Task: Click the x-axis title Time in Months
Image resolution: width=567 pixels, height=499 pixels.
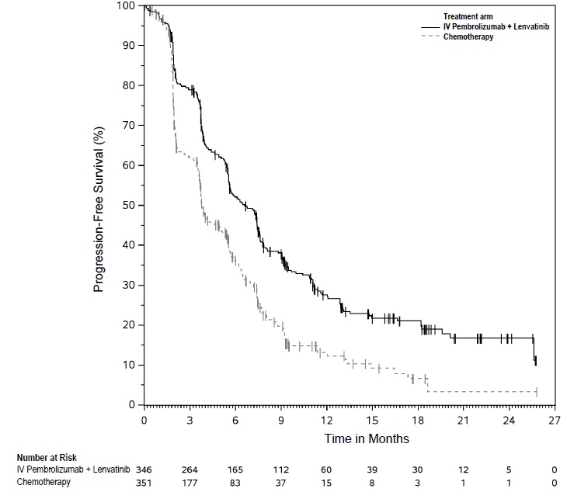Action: pyautogui.click(x=367, y=438)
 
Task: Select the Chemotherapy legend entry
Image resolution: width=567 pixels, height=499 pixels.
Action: pyautogui.click(x=468, y=37)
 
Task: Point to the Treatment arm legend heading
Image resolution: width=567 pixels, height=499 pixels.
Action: pyautogui.click(x=468, y=16)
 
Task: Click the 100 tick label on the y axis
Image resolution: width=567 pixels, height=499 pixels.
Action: pyautogui.click(x=126, y=6)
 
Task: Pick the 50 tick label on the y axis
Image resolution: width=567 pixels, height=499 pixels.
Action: pyautogui.click(x=129, y=205)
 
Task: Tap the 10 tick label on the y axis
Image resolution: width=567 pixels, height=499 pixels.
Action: pyautogui.click(x=129, y=365)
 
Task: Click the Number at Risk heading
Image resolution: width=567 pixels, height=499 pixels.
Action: pyautogui.click(x=47, y=458)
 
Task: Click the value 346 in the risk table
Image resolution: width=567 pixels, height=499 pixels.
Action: pyautogui.click(x=144, y=470)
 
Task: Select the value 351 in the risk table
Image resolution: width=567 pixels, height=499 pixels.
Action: pyautogui.click(x=144, y=482)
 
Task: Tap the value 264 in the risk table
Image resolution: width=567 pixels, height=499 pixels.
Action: pyautogui.click(x=190, y=470)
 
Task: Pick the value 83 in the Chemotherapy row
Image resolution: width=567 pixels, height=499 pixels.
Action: pyautogui.click(x=235, y=482)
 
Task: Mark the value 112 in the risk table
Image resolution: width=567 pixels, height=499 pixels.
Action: pyautogui.click(x=280, y=470)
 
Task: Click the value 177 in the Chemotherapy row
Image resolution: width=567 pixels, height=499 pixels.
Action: pyautogui.click(x=190, y=482)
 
